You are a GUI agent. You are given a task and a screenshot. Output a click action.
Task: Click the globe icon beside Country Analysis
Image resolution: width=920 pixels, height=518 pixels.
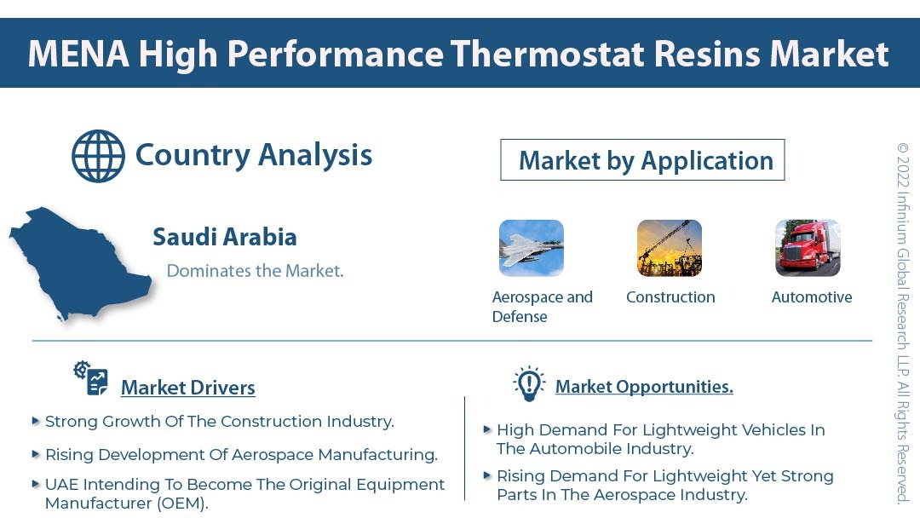(98, 156)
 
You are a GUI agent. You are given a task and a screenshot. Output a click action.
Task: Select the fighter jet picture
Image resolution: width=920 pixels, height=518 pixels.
(531, 248)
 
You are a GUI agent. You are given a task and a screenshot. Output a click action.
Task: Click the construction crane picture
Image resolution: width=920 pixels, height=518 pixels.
(670, 248)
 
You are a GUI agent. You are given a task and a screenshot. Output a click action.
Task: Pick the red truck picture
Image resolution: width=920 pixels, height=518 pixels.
(808, 248)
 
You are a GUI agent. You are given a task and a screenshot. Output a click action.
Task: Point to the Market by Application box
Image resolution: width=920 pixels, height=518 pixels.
(642, 160)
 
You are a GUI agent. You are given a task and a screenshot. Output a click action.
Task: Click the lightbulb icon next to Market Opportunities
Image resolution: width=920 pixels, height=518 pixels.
(529, 384)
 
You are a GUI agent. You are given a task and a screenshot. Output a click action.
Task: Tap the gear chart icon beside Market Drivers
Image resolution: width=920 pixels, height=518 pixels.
(90, 378)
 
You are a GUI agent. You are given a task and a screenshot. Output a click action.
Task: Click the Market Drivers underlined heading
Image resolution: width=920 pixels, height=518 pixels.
(187, 388)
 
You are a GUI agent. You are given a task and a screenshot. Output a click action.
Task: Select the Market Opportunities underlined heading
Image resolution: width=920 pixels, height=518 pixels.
(644, 387)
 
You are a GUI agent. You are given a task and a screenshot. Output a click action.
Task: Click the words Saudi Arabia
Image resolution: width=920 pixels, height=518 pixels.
(225, 237)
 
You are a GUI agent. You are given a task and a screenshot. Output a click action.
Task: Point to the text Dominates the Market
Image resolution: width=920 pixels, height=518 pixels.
(255, 271)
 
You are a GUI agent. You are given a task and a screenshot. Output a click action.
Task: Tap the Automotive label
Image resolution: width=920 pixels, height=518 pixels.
(812, 297)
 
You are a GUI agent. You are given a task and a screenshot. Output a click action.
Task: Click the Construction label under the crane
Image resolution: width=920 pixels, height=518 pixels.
(670, 297)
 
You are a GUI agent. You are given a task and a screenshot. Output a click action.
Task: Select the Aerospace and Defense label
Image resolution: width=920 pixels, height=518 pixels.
(542, 307)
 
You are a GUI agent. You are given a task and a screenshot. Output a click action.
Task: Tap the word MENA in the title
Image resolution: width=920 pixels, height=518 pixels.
(78, 54)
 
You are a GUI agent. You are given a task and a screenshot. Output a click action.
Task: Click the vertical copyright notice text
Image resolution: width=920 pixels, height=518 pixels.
(903, 324)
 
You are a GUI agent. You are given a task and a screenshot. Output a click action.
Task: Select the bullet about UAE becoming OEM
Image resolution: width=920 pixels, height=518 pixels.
(244, 493)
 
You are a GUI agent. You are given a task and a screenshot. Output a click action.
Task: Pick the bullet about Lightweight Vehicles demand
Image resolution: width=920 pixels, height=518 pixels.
(660, 439)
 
